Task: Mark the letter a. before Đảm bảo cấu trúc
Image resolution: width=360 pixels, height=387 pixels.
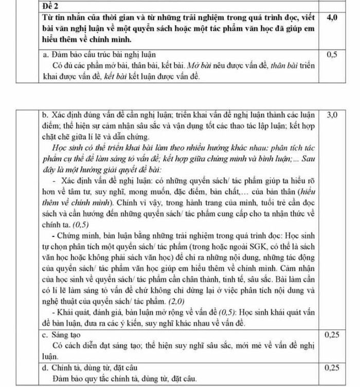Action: point(45,53)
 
